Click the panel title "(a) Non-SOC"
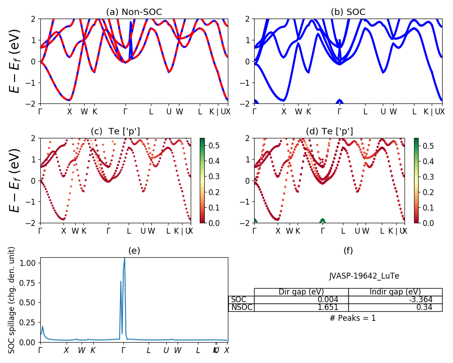pos(134,12)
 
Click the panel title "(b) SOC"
pos(348,12)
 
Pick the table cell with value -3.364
pos(395,299)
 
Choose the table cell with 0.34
pos(395,307)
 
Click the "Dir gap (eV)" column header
pos(301,292)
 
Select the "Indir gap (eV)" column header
pos(395,292)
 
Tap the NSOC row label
pos(241,307)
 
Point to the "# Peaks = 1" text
pos(352,318)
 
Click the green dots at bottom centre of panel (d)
pos(323,221)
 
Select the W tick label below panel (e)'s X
pos(82,350)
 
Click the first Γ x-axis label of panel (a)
pos(40,112)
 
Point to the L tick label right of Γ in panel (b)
pos(365,112)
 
